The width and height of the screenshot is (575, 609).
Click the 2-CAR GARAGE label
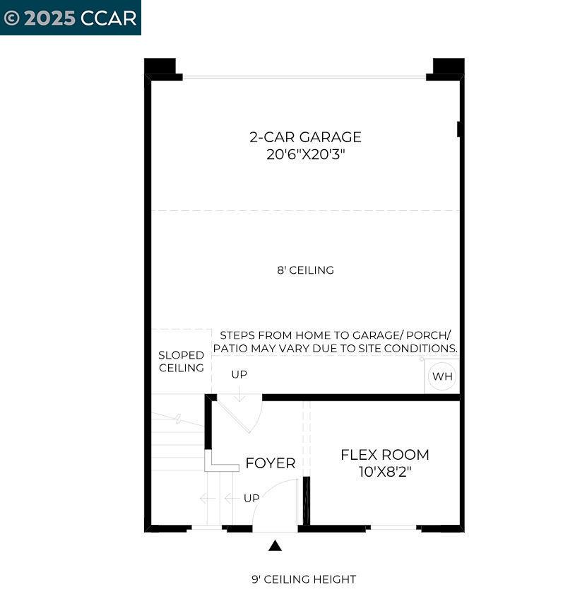pos(305,137)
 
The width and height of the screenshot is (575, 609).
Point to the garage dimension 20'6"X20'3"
pos(305,154)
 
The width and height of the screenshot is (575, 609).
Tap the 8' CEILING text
pos(305,270)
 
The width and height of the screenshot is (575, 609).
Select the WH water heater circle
pos(442,376)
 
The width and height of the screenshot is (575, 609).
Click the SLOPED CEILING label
pos(181,361)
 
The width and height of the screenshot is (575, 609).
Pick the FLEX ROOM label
pos(384,455)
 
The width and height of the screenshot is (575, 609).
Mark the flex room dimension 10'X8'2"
pos(384,472)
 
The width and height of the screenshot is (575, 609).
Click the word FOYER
pos(270,464)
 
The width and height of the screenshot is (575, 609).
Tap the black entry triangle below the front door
pos(275,545)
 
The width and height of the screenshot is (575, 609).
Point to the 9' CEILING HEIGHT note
pos(304,579)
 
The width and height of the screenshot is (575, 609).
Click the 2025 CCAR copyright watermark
pos(71,18)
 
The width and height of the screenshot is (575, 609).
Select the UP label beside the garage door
pos(239,374)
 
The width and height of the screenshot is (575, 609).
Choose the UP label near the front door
pos(251,498)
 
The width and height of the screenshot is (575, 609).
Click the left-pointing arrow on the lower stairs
pos(208,498)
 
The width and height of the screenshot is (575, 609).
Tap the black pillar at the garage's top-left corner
pos(160,66)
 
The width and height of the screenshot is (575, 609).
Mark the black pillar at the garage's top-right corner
pos(448,66)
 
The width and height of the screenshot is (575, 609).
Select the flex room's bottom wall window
pos(393,528)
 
